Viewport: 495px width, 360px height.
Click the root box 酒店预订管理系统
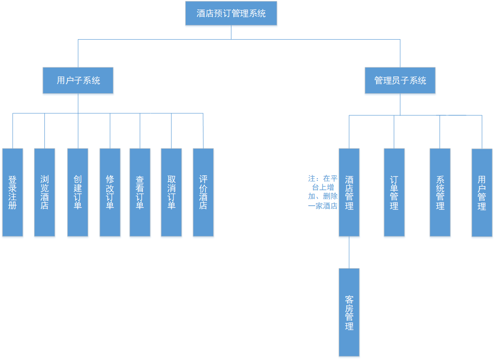tap(231, 14)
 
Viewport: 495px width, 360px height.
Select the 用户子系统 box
tap(78, 80)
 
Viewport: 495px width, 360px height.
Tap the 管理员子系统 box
tap(400, 80)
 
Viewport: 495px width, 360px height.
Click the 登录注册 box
tap(13, 192)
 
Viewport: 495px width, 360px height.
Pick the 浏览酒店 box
tap(45, 192)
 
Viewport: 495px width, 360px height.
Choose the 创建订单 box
tap(78, 192)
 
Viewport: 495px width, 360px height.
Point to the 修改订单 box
tap(110, 192)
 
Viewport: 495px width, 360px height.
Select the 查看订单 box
tap(140, 192)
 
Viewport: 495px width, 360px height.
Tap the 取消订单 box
tap(171, 192)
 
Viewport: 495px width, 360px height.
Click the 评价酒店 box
tap(203, 192)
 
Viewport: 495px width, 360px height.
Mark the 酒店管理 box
tap(349, 192)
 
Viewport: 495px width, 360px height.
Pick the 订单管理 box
tap(394, 192)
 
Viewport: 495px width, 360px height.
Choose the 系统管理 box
tap(440, 192)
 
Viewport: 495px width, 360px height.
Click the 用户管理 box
tap(482, 193)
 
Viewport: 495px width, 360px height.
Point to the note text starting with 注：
tap(323, 192)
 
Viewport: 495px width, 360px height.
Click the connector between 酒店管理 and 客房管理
tap(349, 252)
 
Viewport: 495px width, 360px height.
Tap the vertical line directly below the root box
tap(231, 32)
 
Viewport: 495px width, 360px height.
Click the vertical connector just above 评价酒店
tap(203, 131)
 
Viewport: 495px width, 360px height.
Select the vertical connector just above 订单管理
tap(394, 132)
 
